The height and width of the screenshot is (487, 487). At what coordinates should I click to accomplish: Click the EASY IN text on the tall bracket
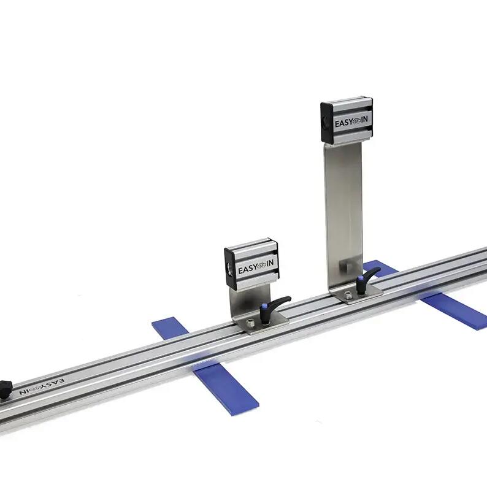pos(351,123)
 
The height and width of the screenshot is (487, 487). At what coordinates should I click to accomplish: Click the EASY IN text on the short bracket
pos(256,267)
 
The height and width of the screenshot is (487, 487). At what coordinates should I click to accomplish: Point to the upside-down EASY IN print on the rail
pos(42,385)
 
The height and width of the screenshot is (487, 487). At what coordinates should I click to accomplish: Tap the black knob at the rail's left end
pos(5,389)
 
